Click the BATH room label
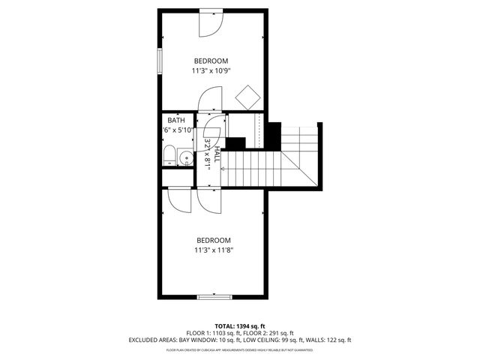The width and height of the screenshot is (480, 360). click(176, 120)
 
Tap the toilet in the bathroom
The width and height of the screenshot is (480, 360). click(169, 157)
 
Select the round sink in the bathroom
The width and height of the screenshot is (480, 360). click(185, 157)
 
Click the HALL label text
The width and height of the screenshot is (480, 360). click(216, 155)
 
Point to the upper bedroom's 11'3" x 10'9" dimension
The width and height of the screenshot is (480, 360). click(211, 71)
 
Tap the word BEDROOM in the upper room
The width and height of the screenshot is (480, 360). click(211, 61)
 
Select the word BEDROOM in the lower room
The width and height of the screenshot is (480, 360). click(213, 240)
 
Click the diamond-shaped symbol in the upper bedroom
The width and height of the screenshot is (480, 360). click(247, 97)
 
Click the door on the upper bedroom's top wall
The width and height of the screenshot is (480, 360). click(211, 22)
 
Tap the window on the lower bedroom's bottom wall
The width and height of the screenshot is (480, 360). click(213, 298)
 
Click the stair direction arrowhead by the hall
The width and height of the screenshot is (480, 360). click(223, 169)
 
